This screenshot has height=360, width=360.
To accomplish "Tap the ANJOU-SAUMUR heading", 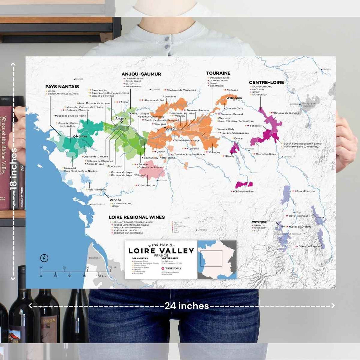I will [141, 74].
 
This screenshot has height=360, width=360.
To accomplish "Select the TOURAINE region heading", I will [218, 73].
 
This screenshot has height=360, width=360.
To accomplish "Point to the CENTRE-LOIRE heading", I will [267, 82].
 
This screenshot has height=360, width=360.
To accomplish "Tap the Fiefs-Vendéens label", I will [96, 189].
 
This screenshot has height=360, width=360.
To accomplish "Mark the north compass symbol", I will [44, 258].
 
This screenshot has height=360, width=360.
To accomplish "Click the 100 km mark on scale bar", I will [99, 276].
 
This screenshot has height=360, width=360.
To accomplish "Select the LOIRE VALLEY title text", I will [161, 251].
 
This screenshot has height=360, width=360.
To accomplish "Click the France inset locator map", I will [217, 259].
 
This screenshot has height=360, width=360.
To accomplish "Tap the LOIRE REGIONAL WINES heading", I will [137, 217].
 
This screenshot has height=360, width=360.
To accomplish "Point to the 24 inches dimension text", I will [187, 306].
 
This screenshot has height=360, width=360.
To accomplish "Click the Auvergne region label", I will [259, 222].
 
